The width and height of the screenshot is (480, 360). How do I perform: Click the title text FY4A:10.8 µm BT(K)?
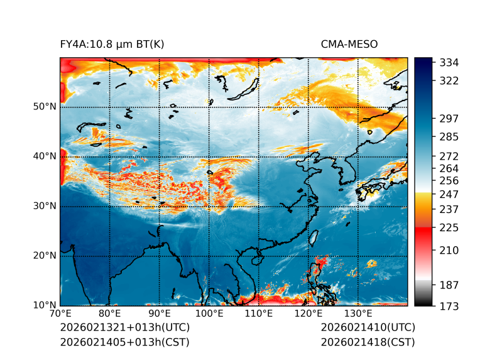click(x=112, y=45)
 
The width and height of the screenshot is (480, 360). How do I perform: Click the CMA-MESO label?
click(x=349, y=45)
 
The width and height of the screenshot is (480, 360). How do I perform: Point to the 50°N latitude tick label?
click(x=45, y=107)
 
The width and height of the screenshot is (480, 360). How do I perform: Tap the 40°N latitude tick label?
click(x=45, y=156)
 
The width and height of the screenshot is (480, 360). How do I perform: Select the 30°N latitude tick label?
click(x=45, y=206)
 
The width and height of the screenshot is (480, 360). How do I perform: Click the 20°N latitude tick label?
click(x=45, y=256)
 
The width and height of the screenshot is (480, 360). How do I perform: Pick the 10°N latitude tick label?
click(x=45, y=305)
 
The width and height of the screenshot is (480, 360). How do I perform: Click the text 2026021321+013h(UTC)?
click(x=124, y=328)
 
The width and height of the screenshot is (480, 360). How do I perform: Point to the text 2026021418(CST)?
click(x=368, y=342)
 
